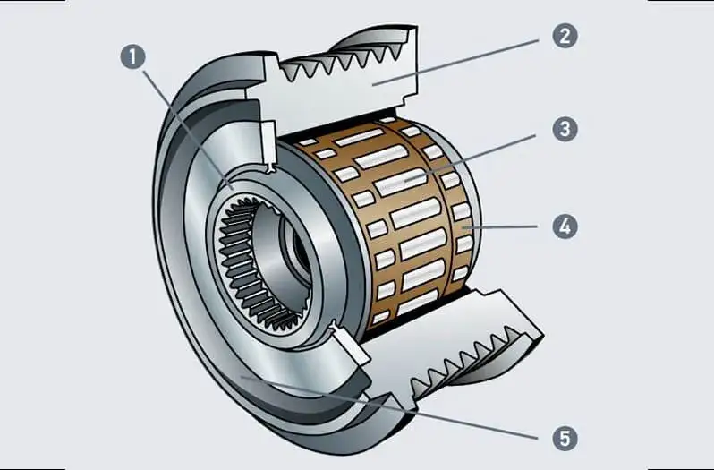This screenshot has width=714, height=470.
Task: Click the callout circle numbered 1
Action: pyautogui.click(x=132, y=58)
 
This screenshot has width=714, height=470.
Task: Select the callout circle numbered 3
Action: pyautogui.click(x=564, y=130)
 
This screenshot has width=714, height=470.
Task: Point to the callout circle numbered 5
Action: pyautogui.click(x=564, y=438)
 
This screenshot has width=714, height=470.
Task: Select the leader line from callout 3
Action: pyautogui.click(x=483, y=152)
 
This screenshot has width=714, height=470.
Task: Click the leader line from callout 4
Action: pyautogui.click(x=501, y=227)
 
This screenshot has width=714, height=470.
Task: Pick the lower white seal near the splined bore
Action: pyautogui.click(x=344, y=341)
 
